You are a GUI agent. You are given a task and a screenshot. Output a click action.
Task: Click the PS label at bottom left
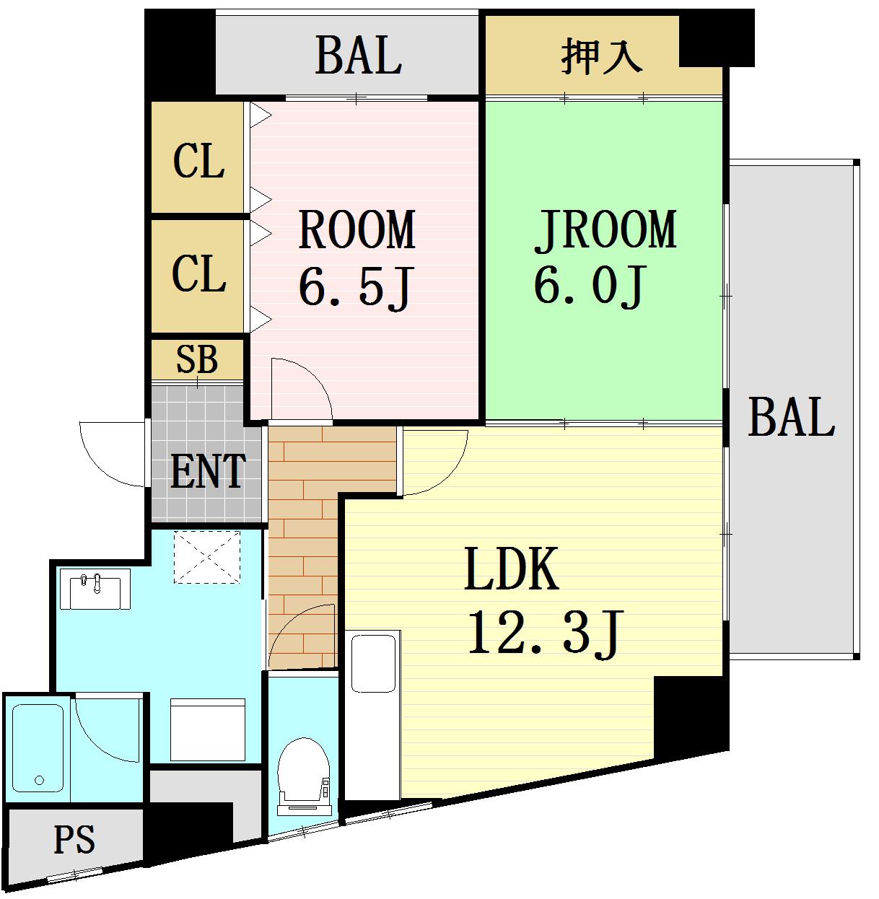[x=74, y=840]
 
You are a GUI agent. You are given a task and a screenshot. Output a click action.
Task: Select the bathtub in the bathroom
[x=38, y=747]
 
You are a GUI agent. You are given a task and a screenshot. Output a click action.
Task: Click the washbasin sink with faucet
[x=95, y=589]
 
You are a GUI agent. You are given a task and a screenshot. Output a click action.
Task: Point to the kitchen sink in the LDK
[x=373, y=662]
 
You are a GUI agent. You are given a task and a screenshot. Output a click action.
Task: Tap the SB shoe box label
[x=197, y=359]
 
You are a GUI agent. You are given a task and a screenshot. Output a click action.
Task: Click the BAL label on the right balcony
[x=791, y=417]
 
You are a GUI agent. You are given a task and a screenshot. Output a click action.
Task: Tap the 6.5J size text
[x=354, y=287]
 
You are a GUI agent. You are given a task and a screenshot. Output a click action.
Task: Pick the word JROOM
[x=605, y=230]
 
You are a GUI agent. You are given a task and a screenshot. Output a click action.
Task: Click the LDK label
[x=511, y=569]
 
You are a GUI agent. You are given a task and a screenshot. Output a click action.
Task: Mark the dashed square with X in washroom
[x=206, y=557]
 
